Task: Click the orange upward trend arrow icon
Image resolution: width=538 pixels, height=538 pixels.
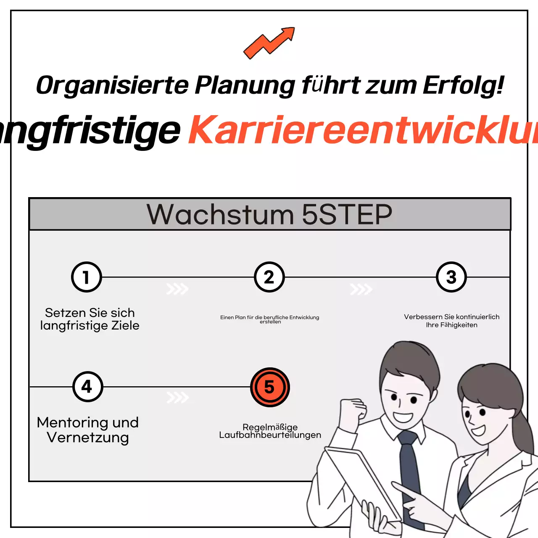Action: coord(269,43)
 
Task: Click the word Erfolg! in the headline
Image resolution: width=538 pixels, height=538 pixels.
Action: coord(463,85)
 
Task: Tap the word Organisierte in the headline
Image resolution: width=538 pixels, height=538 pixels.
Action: coord(112,85)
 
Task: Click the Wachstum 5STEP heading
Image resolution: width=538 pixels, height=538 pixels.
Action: coord(269,214)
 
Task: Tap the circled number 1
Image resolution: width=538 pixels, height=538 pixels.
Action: coord(87,277)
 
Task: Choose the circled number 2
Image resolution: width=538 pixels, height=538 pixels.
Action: coord(269,277)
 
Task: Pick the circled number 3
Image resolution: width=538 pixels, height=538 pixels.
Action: coord(451,277)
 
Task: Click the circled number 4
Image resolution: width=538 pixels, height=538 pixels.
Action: coord(87,387)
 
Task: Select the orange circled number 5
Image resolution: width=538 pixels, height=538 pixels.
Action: coord(269,387)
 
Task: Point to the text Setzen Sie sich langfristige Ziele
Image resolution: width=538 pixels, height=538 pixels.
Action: coord(90,319)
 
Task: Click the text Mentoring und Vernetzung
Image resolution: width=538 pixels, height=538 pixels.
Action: coord(88,430)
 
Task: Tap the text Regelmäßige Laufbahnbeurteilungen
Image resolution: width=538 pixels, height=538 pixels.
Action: coord(270,431)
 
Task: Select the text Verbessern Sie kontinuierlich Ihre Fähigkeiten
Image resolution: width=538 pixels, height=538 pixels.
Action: coord(451,321)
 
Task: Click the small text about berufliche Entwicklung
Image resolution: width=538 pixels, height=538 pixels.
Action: coord(270,319)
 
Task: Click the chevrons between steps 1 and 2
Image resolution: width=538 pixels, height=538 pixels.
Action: coord(177,289)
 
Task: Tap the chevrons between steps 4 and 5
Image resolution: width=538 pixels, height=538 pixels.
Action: coord(177,398)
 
